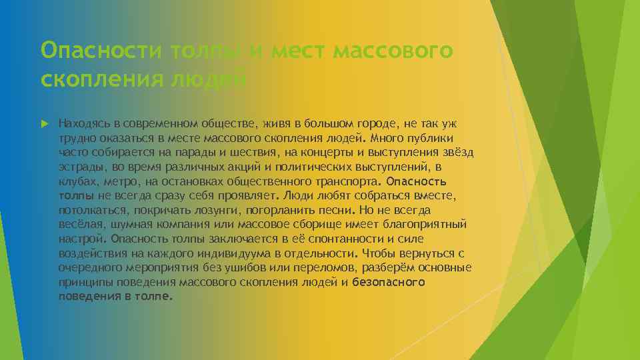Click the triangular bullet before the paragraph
pos(45,123)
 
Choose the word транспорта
pos(345,181)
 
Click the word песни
pos(322,210)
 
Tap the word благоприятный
pos(426,224)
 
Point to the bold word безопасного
pos(389,282)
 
